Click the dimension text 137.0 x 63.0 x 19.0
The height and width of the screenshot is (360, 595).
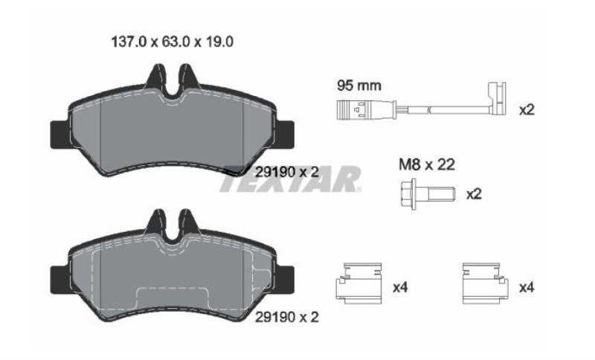(x=173, y=42)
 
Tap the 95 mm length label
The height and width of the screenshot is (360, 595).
(x=359, y=86)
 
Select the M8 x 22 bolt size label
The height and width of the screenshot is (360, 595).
(x=427, y=164)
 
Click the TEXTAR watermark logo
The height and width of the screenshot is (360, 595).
(x=290, y=179)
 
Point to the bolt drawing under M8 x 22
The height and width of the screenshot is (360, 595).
(x=427, y=194)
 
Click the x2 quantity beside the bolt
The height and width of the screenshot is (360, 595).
(x=474, y=194)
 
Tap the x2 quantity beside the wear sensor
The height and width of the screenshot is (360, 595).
(x=527, y=110)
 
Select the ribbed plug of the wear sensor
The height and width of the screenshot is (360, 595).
(x=351, y=110)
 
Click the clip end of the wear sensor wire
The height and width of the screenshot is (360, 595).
(x=497, y=99)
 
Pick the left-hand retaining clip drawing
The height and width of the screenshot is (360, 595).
(x=359, y=283)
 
